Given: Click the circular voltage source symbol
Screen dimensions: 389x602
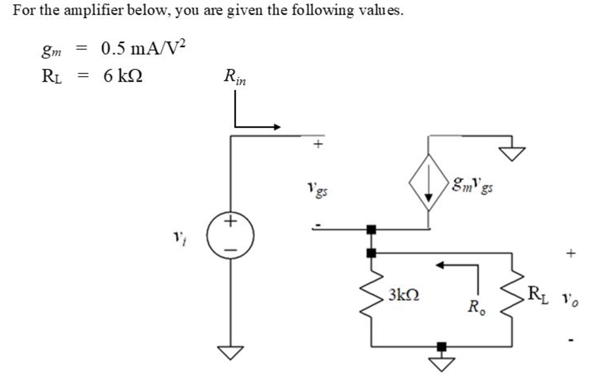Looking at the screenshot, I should point(230,235).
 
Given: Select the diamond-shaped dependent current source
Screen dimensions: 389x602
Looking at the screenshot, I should point(428,183).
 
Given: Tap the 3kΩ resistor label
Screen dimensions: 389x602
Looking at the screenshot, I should point(404,295).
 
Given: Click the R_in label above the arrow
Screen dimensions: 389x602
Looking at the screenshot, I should point(235,77).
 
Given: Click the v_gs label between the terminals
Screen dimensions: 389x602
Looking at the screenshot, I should point(317,188).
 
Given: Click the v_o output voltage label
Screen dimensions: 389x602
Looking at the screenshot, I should point(570,299).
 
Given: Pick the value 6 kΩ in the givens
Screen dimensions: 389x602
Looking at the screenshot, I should point(123,76).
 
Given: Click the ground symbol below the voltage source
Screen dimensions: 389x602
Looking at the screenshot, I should point(230,352).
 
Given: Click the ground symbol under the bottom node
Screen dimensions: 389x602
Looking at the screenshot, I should point(442,363).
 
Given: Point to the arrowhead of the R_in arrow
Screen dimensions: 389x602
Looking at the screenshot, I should point(277,127).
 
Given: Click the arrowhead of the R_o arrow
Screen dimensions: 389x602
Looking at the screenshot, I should point(440,265).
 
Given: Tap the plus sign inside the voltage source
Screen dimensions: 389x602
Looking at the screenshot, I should point(230,221).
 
